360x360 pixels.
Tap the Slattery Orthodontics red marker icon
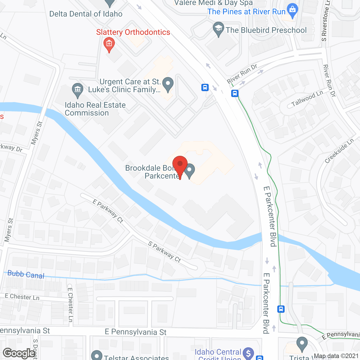(109, 44)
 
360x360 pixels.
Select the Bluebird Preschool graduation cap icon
(218, 28)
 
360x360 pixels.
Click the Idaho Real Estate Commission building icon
(77, 90)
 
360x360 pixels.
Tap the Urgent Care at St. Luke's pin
(168, 84)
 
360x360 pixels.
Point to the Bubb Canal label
(26, 274)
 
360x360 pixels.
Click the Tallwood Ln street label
(307, 98)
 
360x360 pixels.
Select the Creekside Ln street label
(339, 151)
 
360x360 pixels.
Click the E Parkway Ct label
(108, 211)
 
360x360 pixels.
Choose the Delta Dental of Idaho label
(86, 14)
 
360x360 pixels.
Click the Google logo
(19, 353)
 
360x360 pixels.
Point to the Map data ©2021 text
(336, 356)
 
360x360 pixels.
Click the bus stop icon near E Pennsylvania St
(281, 309)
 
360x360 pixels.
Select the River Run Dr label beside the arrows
(242, 74)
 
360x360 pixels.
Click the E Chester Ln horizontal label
(22, 297)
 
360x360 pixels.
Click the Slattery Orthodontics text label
(133, 32)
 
